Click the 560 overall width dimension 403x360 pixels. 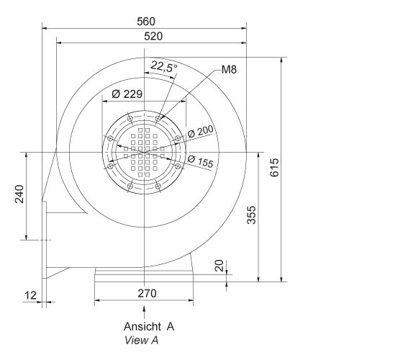(x=145, y=22)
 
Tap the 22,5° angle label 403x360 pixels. (x=163, y=68)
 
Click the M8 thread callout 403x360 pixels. (x=229, y=70)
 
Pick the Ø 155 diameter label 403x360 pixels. (x=201, y=162)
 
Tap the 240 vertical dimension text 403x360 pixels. (x=19, y=195)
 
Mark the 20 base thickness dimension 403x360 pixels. (x=219, y=266)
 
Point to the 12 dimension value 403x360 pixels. (x=29, y=295)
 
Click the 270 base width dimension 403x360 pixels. (x=147, y=293)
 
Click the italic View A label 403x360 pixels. (x=141, y=339)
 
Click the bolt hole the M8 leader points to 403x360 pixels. (x=159, y=117)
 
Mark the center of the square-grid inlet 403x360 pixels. (x=145, y=152)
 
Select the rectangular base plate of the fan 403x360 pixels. (x=144, y=274)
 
